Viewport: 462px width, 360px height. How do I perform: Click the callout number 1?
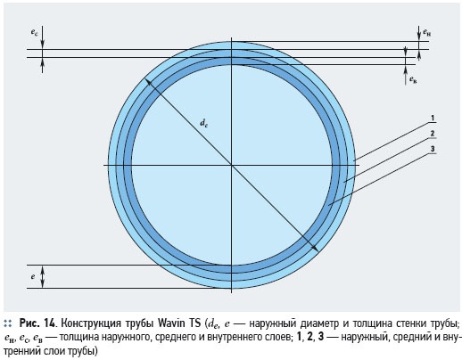(x=433, y=119)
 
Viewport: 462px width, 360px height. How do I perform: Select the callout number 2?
(x=433, y=134)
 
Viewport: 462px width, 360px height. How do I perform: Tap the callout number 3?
(x=433, y=149)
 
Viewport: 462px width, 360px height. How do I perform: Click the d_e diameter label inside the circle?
(x=203, y=123)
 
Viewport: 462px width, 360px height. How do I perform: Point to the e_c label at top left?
(x=35, y=32)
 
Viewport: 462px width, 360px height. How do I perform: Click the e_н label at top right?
(x=427, y=32)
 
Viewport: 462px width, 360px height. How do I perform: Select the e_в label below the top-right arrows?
(x=413, y=79)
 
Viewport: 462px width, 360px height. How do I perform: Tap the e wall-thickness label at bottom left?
(x=33, y=277)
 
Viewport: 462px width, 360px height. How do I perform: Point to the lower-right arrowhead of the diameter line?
(x=315, y=249)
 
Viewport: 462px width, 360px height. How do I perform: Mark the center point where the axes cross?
(x=231, y=165)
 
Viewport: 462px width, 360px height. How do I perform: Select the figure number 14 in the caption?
(x=49, y=323)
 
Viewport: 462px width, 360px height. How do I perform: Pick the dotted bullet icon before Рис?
(x=8, y=323)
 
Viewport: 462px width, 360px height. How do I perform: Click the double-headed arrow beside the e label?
(x=42, y=276)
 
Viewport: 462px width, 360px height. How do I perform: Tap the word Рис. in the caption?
(x=29, y=323)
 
